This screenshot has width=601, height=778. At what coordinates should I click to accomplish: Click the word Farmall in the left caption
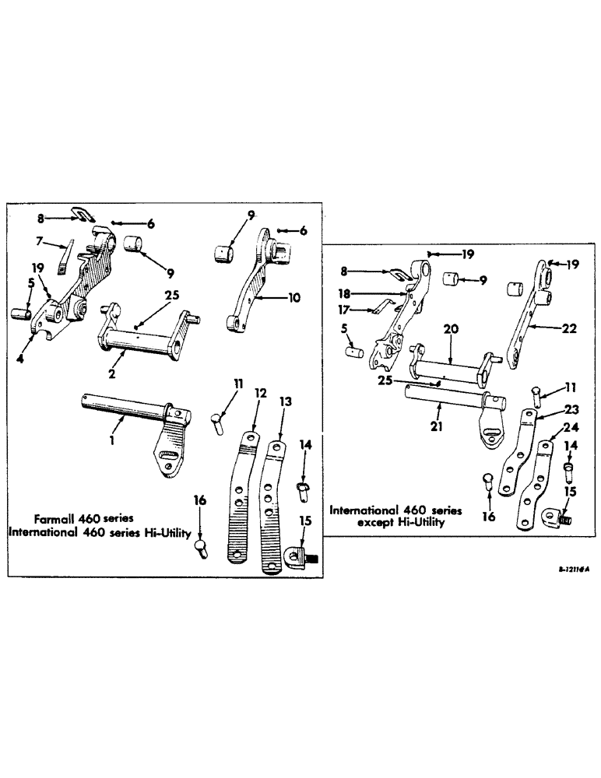[54, 517]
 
